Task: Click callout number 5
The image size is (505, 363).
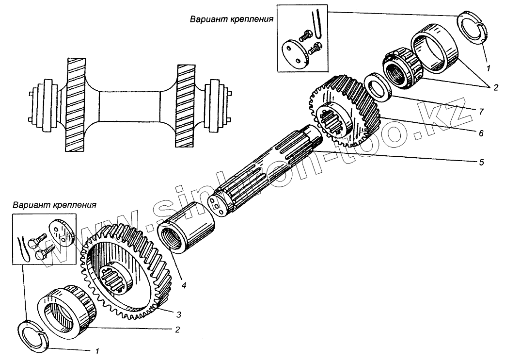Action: coord(481,162)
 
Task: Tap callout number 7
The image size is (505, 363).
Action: coord(481,111)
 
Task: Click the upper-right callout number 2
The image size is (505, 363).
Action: coord(495,88)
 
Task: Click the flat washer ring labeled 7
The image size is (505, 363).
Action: coord(378,88)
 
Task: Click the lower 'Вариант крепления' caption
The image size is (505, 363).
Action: coord(55,205)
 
